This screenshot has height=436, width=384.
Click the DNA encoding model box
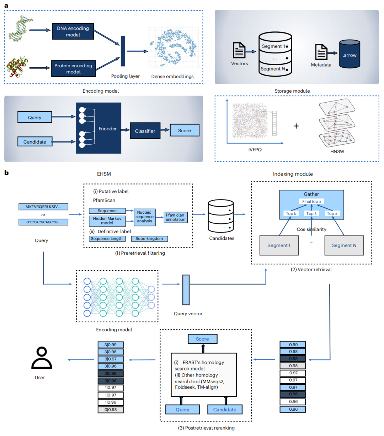point(73,31)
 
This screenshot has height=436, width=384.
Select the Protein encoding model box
point(73,68)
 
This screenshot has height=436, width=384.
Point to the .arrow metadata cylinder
point(349,54)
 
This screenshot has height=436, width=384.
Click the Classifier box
point(145,131)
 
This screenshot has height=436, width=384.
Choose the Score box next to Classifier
point(184,130)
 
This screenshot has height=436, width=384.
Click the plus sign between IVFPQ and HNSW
point(296,126)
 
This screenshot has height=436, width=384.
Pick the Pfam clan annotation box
point(175,217)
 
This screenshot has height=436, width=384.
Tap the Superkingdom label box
point(149,239)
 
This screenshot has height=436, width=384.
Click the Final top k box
point(311,202)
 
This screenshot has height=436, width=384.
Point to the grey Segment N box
point(344,245)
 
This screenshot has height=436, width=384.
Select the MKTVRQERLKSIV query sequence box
point(43,207)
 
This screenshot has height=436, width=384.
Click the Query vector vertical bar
point(186,290)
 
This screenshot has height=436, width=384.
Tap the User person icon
point(42,358)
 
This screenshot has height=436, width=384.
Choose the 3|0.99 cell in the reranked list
point(111,345)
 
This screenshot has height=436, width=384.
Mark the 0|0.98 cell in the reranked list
point(111,410)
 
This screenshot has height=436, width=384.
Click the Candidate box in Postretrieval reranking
point(225,410)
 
